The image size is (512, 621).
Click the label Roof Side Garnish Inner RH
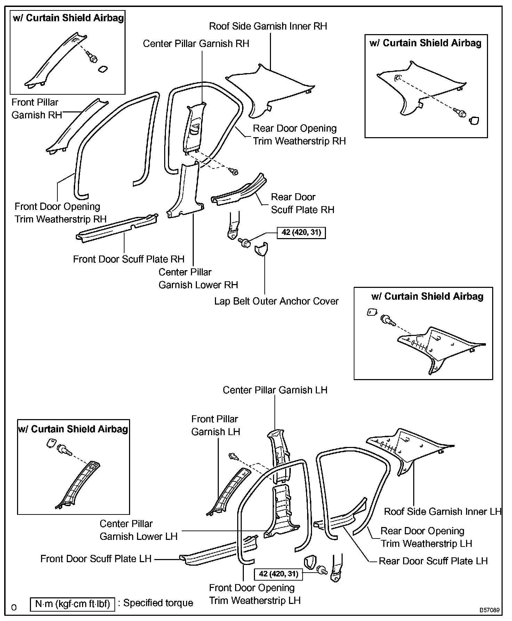[268, 26]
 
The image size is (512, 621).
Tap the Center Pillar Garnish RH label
[196, 44]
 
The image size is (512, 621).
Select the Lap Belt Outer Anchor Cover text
[276, 301]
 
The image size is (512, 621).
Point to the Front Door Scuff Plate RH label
[128, 259]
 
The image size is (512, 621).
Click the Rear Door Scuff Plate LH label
[433, 561]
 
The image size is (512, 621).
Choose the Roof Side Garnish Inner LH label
[442, 512]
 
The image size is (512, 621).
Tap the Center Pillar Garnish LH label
[275, 390]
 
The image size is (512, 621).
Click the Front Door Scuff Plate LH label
[96, 559]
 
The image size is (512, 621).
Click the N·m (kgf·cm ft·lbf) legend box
[72, 604]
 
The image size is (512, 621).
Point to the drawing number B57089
[490, 610]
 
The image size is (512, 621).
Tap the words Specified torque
[158, 603]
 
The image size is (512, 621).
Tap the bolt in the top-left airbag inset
[93, 58]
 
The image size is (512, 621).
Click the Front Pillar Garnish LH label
[215, 425]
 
